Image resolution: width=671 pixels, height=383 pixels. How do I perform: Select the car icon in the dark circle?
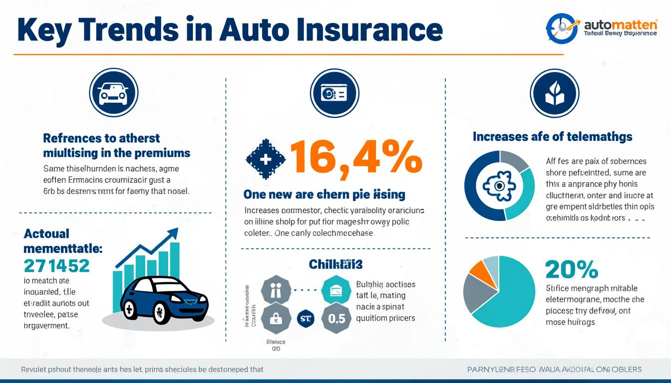click(113, 93)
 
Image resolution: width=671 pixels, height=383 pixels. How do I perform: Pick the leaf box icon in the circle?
click(554, 93)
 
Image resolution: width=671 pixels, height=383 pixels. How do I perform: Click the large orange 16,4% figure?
click(355, 157)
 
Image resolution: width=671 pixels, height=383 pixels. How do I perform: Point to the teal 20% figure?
click(571, 270)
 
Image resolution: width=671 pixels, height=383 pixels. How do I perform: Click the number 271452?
click(56, 265)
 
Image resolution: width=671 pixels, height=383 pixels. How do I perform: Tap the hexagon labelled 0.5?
click(336, 318)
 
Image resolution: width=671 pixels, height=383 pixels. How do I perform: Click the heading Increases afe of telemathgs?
click(552, 136)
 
